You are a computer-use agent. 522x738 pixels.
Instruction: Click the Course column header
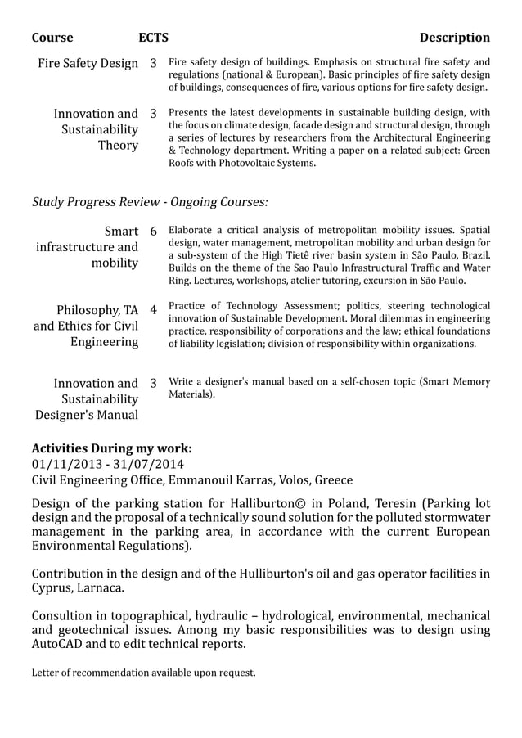click(52, 38)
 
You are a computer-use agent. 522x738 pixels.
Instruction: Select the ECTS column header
click(153, 38)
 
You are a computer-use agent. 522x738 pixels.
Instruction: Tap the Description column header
click(454, 38)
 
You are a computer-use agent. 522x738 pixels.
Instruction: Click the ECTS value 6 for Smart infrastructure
click(153, 231)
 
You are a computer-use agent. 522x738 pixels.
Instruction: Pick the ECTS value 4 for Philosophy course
click(153, 311)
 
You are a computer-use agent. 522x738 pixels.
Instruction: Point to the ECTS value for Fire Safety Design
click(153, 63)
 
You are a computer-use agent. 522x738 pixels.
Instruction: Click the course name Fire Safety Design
click(88, 63)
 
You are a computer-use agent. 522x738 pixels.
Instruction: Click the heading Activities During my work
click(111, 448)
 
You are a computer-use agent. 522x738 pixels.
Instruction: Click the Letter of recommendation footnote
click(143, 673)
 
